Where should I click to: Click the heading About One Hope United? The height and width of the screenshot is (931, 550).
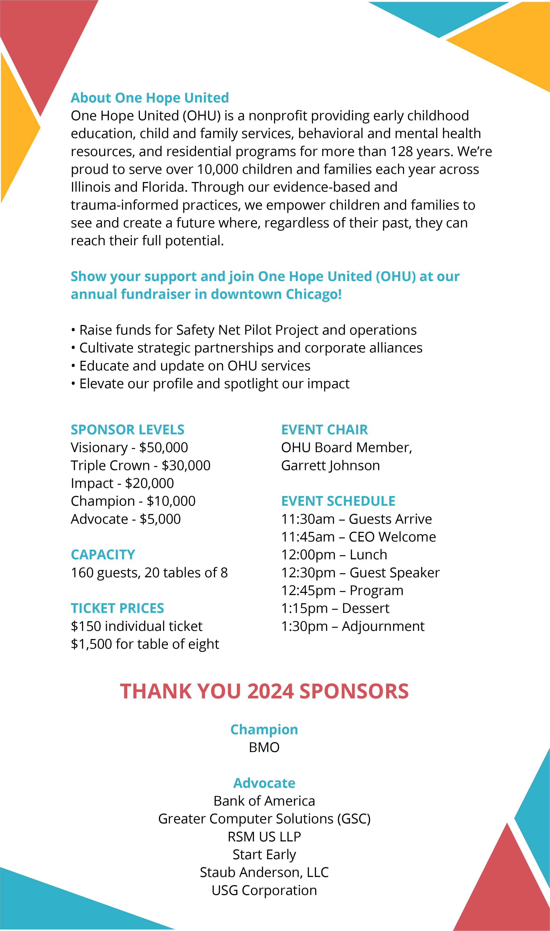pyautogui.click(x=150, y=98)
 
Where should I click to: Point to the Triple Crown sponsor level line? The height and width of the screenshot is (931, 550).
pyautogui.click(x=140, y=466)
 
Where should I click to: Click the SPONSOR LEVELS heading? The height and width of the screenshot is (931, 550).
pyautogui.click(x=127, y=430)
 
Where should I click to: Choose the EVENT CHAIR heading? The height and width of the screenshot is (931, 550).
pyautogui.click(x=324, y=430)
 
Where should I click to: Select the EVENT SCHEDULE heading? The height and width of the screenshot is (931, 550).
pyautogui.click(x=338, y=501)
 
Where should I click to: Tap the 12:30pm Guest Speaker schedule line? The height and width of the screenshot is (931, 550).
pyautogui.click(x=360, y=573)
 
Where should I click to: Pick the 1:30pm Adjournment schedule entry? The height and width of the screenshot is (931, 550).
pyautogui.click(x=353, y=626)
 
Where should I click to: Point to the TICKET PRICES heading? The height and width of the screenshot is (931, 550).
pyautogui.click(x=117, y=608)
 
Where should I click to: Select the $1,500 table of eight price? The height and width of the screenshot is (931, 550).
pyautogui.click(x=145, y=644)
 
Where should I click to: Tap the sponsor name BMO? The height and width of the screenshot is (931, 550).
pyautogui.click(x=264, y=748)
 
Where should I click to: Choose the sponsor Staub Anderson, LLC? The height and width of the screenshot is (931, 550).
pyautogui.click(x=264, y=872)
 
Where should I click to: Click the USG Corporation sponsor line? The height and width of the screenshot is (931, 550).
pyautogui.click(x=264, y=890)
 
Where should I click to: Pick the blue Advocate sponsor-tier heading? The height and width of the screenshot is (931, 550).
pyautogui.click(x=264, y=783)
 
